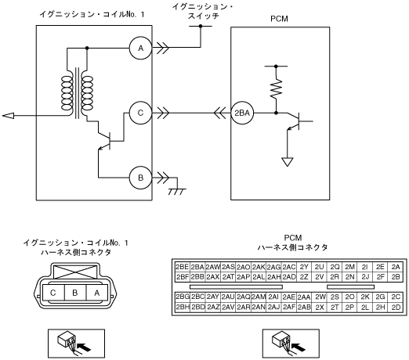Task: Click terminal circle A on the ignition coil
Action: point(140,48)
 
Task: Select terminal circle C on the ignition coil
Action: point(140,113)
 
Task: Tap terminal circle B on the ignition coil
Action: point(140,178)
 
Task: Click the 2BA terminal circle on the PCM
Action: point(242,113)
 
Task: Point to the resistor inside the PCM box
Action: point(276,88)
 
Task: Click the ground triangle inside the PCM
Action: point(287,162)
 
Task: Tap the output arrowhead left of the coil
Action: point(8,115)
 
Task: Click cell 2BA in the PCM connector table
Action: point(197,267)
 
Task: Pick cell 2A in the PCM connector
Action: point(396,267)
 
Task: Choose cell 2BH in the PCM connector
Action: point(183,307)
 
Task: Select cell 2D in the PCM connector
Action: point(396,307)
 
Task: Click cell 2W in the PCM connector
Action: point(320,297)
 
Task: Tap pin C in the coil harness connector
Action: point(53,293)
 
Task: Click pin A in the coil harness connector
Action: point(97,293)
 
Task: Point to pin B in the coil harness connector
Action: point(75,293)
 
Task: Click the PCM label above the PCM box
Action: point(279,19)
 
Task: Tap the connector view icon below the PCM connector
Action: point(291,344)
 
